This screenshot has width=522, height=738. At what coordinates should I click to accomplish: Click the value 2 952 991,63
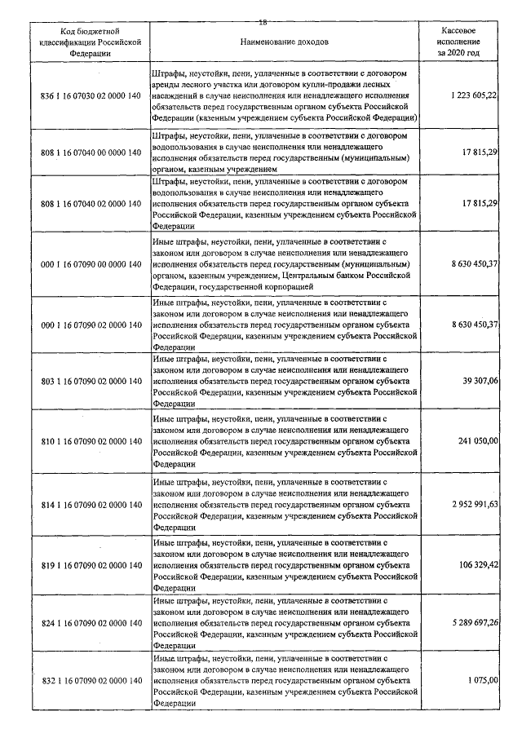[x=473, y=505]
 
